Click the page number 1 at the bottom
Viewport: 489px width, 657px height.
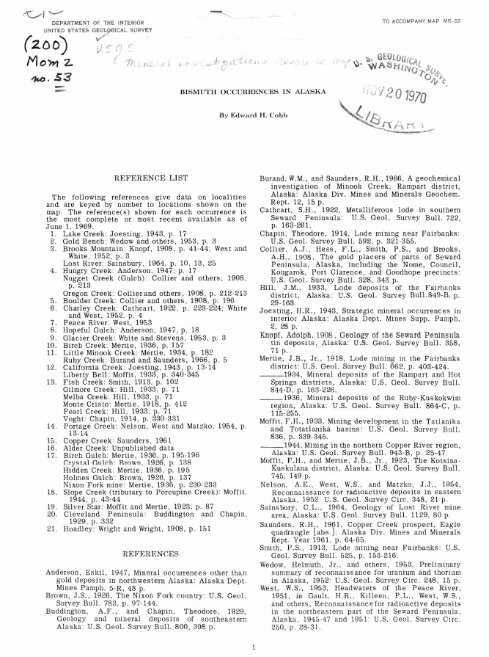(254, 646)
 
